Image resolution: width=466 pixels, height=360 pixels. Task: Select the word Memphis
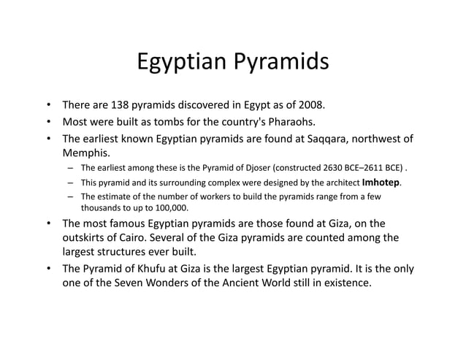tap(85, 153)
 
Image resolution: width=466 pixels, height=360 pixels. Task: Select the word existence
tap(345, 283)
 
